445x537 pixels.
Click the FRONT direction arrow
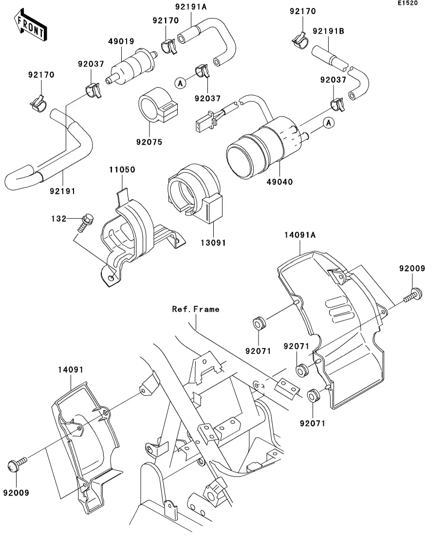coord(30,27)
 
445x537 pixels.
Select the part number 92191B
coord(328,32)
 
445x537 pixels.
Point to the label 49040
coord(279,182)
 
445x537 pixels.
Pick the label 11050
coord(122,170)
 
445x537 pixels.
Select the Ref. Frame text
coord(195,309)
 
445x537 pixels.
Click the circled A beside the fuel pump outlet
coord(329,124)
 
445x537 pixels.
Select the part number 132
coord(59,219)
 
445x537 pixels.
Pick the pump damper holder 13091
coord(195,195)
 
